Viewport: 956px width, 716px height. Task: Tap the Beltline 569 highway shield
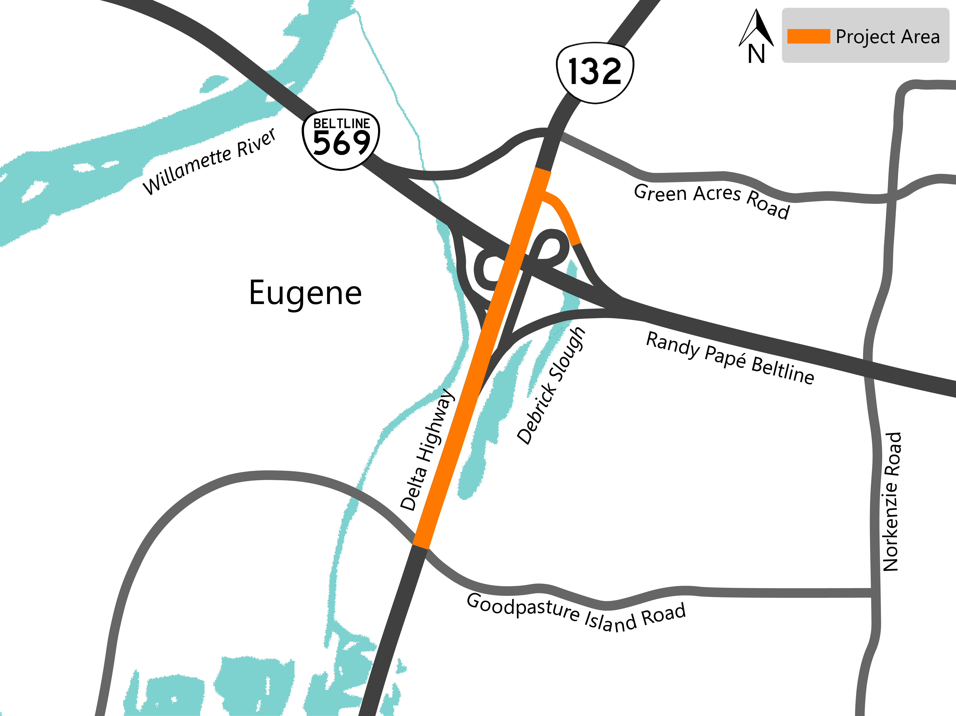click(341, 139)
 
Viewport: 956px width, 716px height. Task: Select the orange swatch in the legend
click(808, 36)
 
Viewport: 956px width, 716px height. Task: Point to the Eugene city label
click(305, 293)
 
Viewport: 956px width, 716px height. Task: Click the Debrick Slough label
click(551, 386)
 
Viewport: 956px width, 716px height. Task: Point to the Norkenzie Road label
click(891, 502)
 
